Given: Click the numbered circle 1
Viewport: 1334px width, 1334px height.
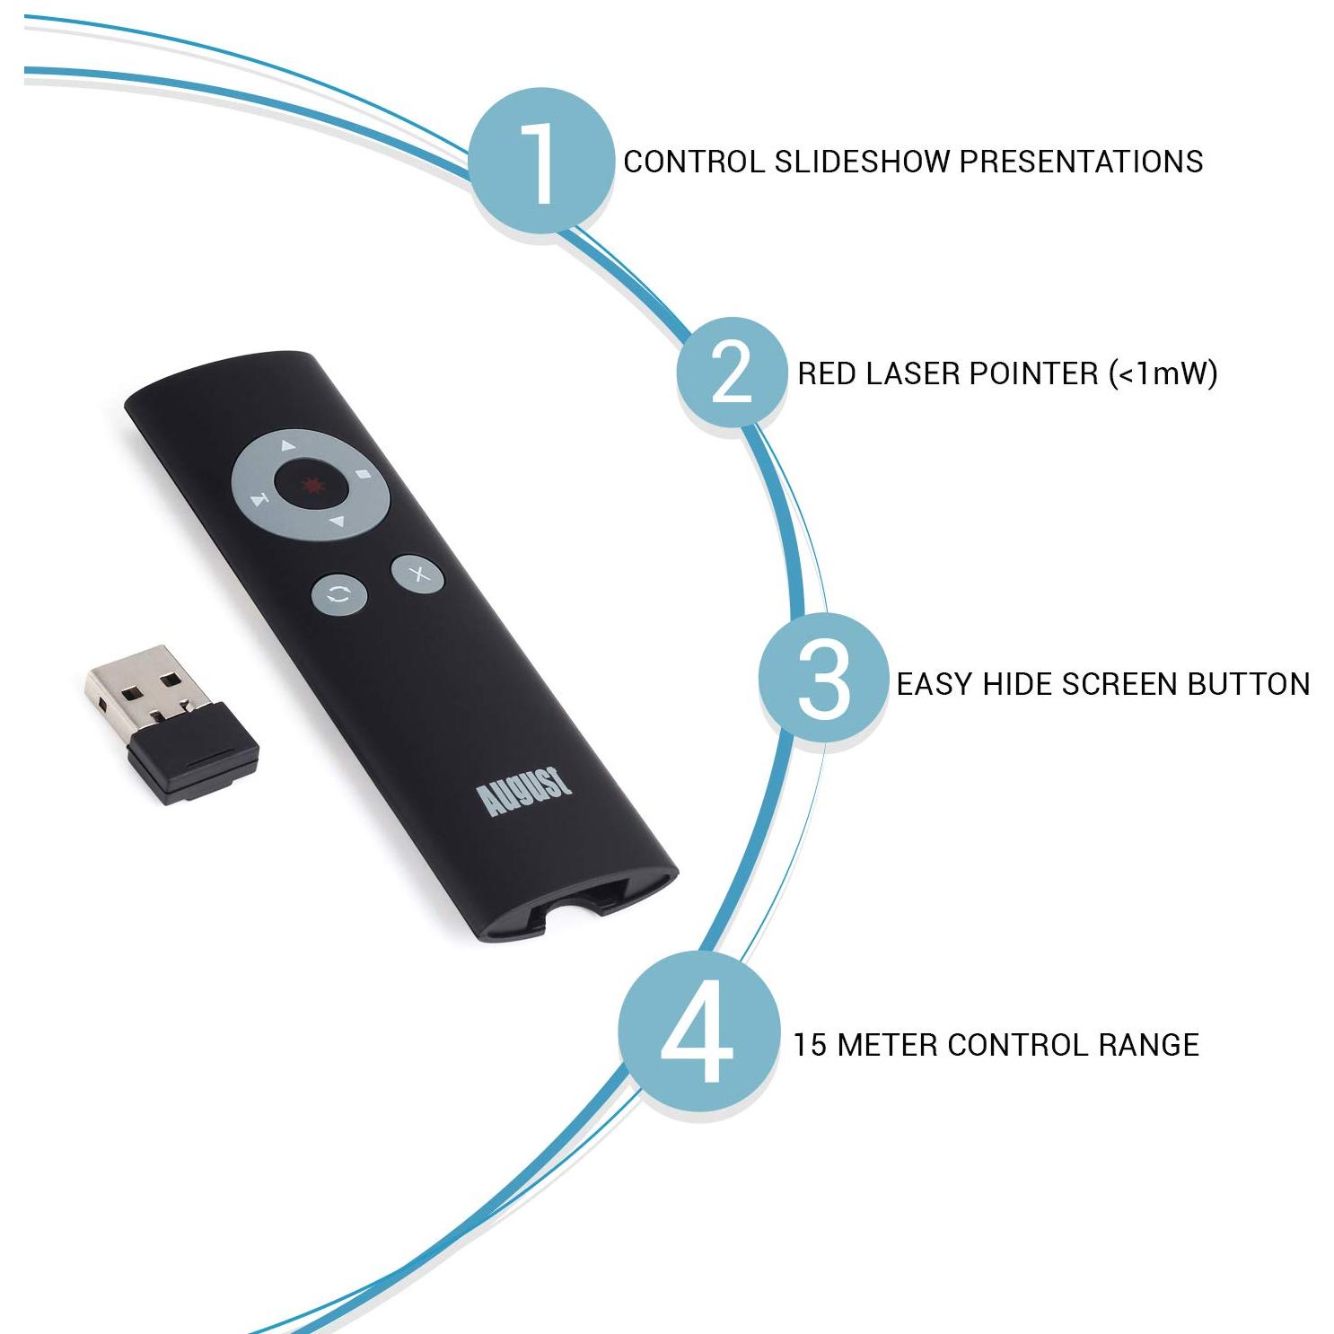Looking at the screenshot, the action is coord(541,162).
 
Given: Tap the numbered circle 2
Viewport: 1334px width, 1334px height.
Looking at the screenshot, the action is coord(730,373).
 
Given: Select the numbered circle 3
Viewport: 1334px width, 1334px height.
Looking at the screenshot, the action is coord(822,680).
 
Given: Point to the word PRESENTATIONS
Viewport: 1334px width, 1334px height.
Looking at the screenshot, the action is coord(1082,162).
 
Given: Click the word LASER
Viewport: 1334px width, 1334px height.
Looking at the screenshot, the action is coord(908,373).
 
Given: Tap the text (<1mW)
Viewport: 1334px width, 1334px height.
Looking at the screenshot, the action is coord(1163,373).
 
